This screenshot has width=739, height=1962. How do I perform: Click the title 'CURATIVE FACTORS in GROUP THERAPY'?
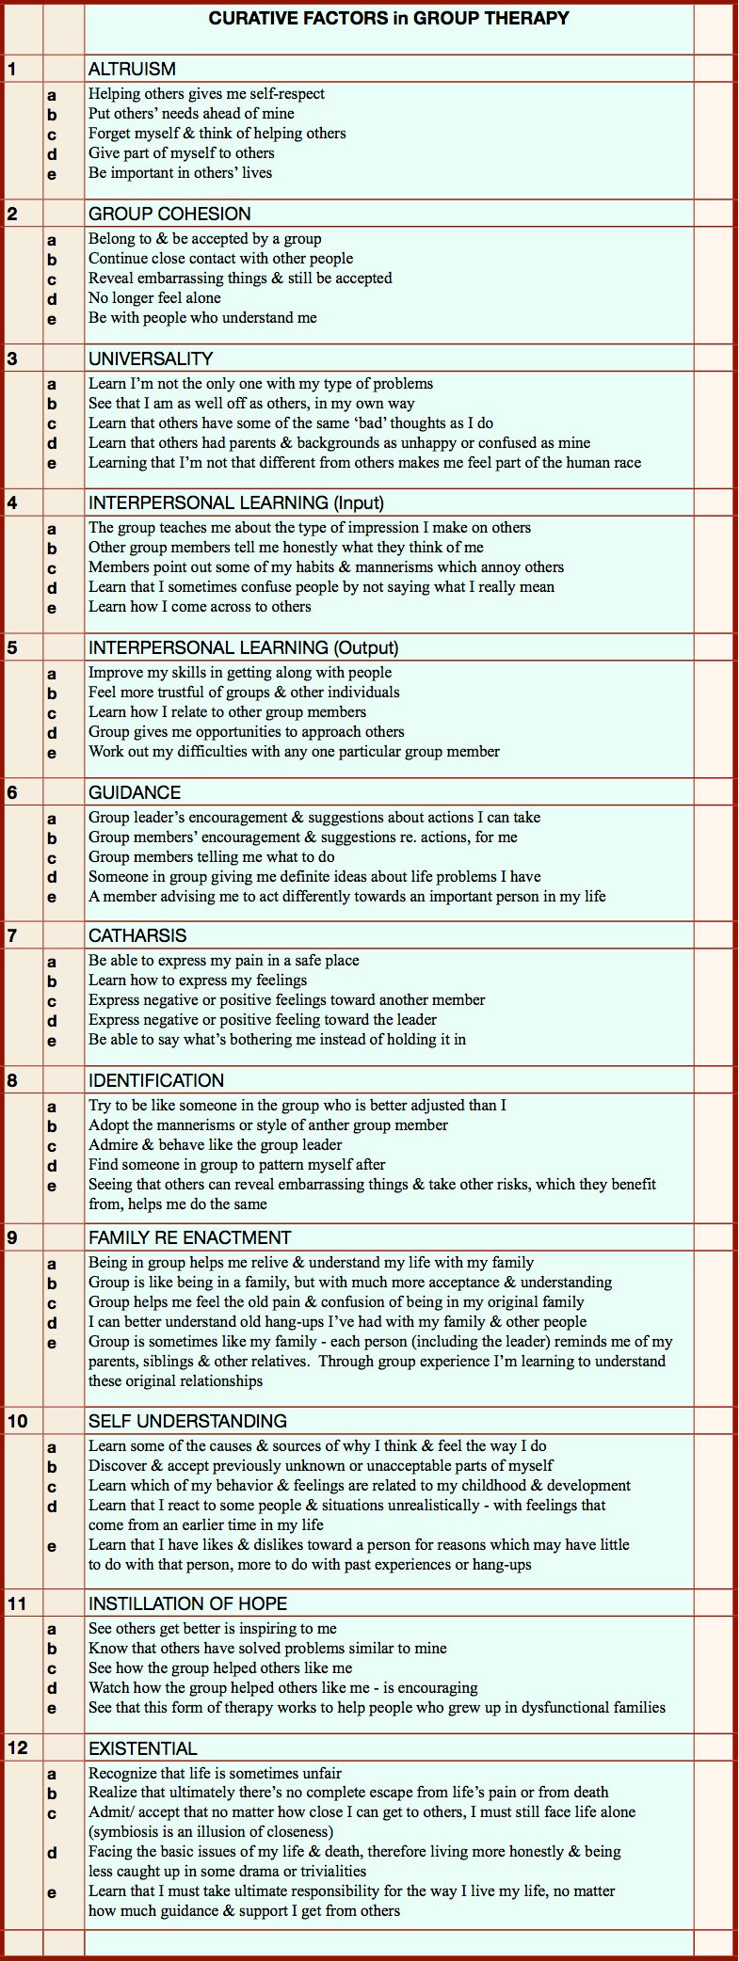coord(388,19)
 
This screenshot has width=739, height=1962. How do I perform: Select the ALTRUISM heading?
coord(132,69)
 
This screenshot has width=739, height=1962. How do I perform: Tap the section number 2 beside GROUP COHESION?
coord(12,214)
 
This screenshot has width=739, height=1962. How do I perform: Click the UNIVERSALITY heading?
coord(151,359)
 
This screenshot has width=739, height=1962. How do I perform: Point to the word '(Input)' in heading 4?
coord(359,502)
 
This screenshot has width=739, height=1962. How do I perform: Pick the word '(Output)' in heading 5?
coord(365,647)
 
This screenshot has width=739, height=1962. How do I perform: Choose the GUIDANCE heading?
coord(135,792)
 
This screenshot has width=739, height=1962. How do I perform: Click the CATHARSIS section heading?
coord(137,935)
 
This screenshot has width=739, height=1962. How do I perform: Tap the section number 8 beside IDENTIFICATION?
coord(12,1080)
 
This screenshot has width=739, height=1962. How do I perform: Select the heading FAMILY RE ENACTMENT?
coord(189,1237)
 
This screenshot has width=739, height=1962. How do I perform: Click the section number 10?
coord(18,1421)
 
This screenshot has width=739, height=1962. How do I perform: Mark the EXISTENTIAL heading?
coord(142,1748)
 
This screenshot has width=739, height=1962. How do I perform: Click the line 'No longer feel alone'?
coord(154,298)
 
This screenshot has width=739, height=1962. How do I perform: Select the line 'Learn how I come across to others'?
coord(200,607)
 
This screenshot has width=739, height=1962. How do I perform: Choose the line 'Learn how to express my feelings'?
coord(198,981)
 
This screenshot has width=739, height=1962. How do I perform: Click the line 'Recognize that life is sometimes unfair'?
coord(215,1773)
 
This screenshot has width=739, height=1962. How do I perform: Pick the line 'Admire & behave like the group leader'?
coord(215,1145)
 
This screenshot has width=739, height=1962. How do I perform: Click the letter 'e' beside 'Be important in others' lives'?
coord(52,174)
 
